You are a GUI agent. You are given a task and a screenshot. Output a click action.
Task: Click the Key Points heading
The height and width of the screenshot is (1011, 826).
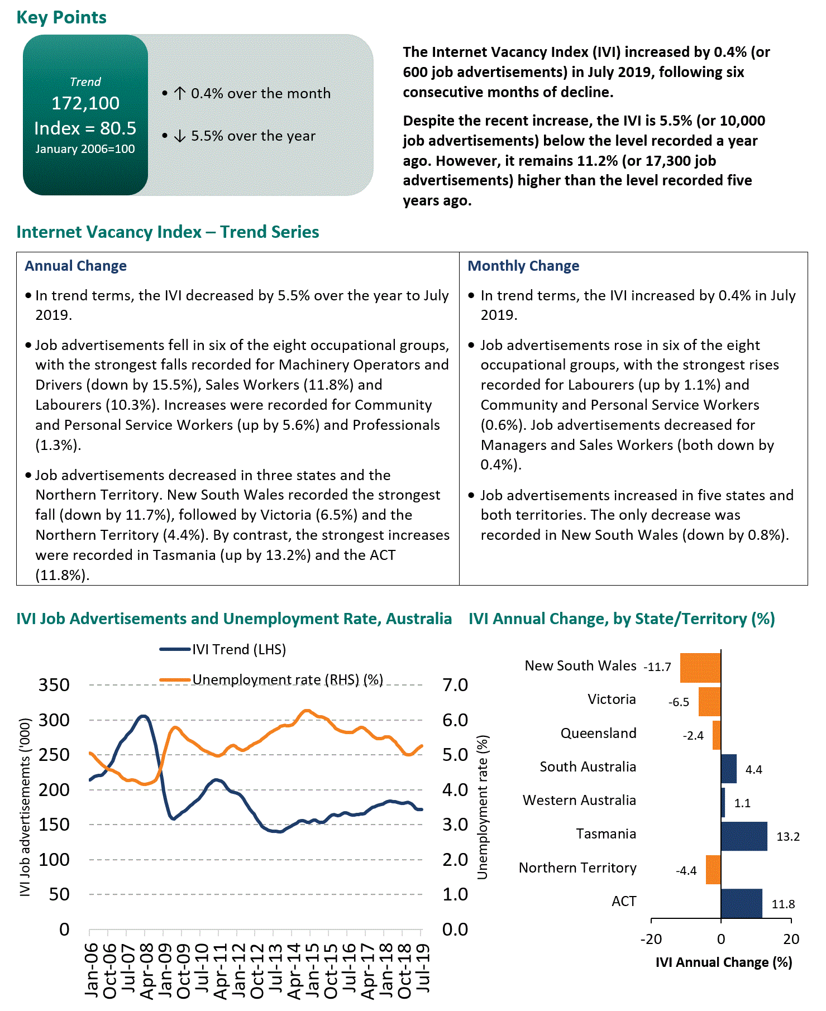(61, 17)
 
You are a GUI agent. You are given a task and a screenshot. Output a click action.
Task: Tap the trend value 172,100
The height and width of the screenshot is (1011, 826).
(85, 103)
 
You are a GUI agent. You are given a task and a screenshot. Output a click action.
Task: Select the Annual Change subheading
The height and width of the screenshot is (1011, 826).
(75, 266)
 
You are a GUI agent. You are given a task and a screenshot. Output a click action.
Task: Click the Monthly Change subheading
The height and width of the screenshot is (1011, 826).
(523, 266)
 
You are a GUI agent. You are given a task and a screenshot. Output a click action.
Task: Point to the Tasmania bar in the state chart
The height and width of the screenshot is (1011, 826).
(744, 836)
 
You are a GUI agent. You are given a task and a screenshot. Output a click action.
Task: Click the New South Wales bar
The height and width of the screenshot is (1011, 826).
(700, 668)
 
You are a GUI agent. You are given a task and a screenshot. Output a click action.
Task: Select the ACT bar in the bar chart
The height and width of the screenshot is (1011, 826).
(741, 903)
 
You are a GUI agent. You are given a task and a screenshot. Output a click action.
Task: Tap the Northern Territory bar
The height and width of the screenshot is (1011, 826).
(713, 869)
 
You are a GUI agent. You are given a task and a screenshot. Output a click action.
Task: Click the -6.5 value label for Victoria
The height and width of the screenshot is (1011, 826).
(679, 702)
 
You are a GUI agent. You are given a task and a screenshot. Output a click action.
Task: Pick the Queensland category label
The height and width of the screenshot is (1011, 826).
(598, 733)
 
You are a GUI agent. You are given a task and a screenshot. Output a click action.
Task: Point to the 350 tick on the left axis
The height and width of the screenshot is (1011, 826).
(54, 685)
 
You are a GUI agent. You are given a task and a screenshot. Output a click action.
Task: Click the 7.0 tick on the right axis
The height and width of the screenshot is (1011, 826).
(455, 685)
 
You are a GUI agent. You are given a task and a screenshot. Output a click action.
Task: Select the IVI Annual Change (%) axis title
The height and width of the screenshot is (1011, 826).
(723, 962)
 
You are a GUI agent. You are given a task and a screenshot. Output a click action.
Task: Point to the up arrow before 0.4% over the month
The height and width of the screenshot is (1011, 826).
(179, 93)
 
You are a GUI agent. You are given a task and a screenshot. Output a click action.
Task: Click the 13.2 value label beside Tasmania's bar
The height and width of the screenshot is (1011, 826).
(788, 836)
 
